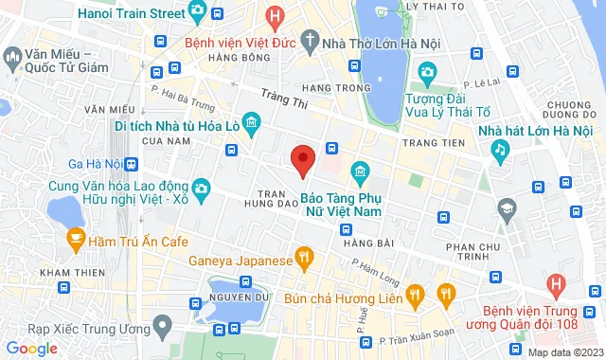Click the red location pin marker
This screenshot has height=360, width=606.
coord(302,160)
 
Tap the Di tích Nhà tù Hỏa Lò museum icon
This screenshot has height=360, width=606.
coord(251,122)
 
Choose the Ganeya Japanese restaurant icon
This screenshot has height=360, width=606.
coord(303,256)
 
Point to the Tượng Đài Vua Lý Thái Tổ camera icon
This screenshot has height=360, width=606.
coord(427,72)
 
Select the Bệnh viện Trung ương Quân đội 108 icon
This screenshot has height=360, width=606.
coord(557,282)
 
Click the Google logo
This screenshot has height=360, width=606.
coord(32,348)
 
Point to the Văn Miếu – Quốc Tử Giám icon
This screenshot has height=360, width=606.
coord(12,60)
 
